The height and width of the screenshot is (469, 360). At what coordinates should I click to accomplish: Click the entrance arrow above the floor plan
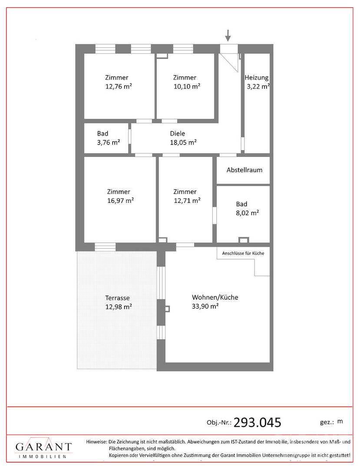coord(228,35)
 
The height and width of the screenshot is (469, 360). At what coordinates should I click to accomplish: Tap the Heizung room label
coord(257,78)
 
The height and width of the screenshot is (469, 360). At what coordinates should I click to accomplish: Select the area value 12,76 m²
coord(119,87)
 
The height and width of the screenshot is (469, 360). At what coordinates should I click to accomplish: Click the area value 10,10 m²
coord(187,87)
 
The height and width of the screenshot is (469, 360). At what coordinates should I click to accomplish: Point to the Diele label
coord(178,134)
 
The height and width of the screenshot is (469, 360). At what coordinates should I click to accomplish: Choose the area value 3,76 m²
coord(108,142)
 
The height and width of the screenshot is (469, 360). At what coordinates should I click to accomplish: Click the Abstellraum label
coord(244,170)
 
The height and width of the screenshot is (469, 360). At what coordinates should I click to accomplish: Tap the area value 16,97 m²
coord(120,201)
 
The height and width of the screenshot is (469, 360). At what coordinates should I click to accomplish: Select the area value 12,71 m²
coord(187,201)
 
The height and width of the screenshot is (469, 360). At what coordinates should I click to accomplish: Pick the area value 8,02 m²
coord(247,213)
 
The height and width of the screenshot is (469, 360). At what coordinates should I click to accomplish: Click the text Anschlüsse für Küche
coord(243,253)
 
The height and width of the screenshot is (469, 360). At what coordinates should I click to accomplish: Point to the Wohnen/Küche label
coord(215,297)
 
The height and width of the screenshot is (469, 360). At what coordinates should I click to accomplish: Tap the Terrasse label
coord(118,298)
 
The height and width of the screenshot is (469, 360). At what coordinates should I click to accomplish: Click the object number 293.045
coord(257,423)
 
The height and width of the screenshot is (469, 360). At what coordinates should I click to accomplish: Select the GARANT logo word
coord(44,447)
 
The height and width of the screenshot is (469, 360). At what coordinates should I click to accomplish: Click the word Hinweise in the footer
coord(96,442)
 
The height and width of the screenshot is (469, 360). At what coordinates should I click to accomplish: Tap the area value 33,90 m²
coord(205,307)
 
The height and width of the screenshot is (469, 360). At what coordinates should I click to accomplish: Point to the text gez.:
coord(327,423)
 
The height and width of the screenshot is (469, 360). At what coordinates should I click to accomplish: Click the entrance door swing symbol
coord(229,63)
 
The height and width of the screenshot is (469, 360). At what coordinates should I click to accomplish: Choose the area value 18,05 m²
coord(183,142)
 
